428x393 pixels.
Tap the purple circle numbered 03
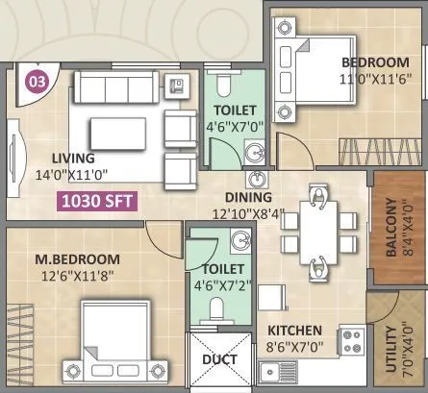pyautogui.click(x=37, y=81)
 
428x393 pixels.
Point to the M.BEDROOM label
pyautogui.click(x=78, y=259)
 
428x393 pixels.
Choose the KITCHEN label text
pyautogui.click(x=296, y=330)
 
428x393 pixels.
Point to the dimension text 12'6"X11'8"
pyautogui.click(x=76, y=277)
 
